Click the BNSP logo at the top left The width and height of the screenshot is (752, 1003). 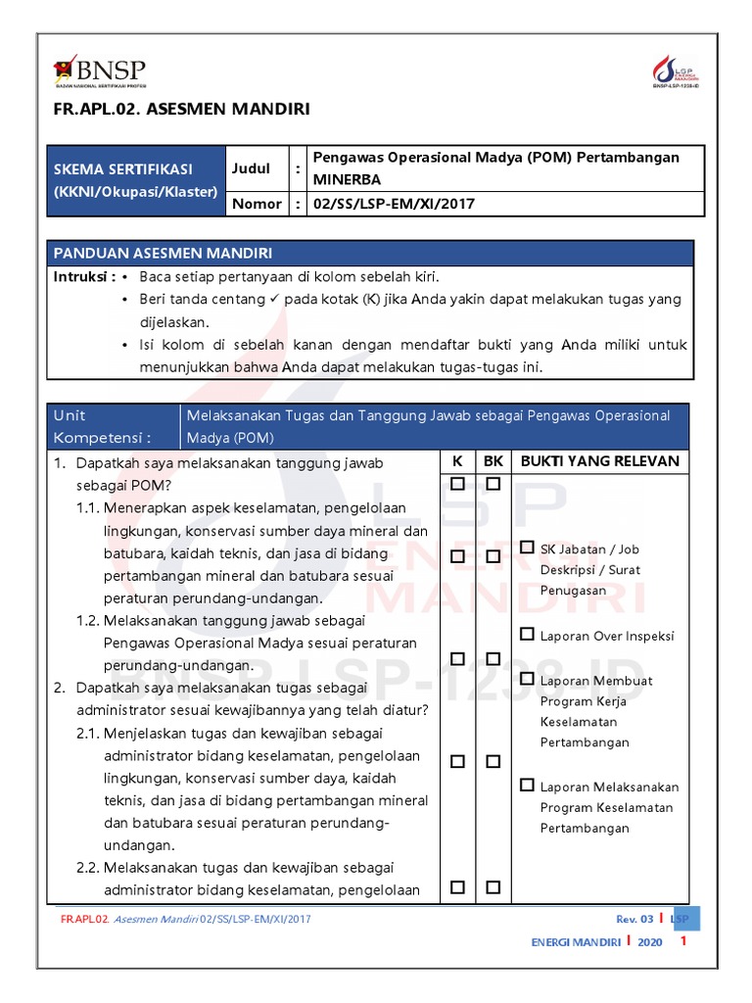coord(99,72)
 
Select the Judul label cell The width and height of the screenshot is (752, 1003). coord(251,168)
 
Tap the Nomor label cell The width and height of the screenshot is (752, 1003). coord(255,204)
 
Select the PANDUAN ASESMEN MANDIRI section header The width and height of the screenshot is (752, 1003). coord(163,253)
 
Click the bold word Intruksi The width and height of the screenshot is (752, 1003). coord(83,277)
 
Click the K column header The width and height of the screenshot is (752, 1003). coord(457,461)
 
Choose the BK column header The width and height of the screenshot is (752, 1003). coord(493,461)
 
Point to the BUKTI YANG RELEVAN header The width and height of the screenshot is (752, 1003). coord(599,461)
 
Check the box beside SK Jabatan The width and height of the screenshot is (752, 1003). coord(528,549)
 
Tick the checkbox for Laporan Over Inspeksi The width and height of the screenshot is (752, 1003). coord(528,635)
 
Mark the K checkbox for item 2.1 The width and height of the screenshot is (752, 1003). coord(457,761)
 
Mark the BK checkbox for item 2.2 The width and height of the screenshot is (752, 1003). coord(493,887)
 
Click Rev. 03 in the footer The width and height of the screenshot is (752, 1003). coord(634,919)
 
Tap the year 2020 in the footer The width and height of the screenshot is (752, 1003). coord(649,942)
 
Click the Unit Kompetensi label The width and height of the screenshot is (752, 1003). coord(103,426)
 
